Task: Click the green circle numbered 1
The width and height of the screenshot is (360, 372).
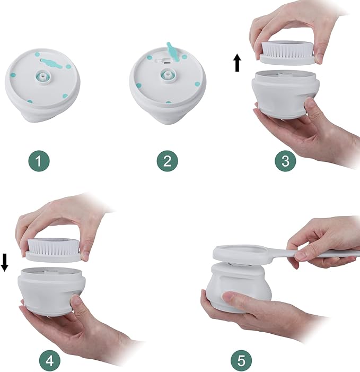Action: coord(39,161)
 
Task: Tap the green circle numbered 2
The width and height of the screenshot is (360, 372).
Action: coord(168,161)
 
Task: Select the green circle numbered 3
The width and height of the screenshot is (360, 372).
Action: coord(285,161)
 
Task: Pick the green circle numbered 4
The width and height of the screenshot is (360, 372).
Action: coord(50,361)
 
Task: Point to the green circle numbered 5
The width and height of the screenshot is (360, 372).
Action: coord(241,361)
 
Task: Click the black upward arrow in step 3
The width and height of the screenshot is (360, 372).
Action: coord(237,63)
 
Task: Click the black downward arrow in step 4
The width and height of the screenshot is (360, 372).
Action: coord(4,262)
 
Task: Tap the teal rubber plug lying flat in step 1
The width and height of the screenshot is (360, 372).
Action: coord(51,62)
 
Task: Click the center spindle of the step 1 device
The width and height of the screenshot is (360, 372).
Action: coord(42,76)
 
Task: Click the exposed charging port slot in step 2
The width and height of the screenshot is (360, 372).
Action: coord(167,63)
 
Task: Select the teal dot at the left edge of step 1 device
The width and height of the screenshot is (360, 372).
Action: coord(13,75)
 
